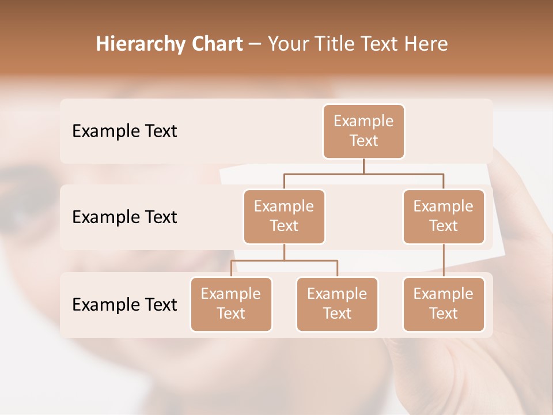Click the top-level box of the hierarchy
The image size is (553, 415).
pos(363,131)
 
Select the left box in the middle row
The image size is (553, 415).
pos(284,216)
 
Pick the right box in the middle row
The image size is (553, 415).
pos(444,216)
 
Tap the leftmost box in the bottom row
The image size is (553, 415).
pos(231,304)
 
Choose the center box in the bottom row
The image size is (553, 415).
pos(337,304)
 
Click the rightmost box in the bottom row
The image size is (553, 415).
pos(444,304)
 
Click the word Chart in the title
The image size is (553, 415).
pos(217,44)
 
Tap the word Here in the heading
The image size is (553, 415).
pos(426,44)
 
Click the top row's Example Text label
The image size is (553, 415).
pos(124,131)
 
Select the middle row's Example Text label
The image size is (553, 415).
pos(124,217)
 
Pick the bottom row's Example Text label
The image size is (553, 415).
pos(124,304)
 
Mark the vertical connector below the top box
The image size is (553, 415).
pos(363,166)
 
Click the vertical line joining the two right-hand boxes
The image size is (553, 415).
pos(444,261)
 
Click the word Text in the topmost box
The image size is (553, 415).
pos(363,141)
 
